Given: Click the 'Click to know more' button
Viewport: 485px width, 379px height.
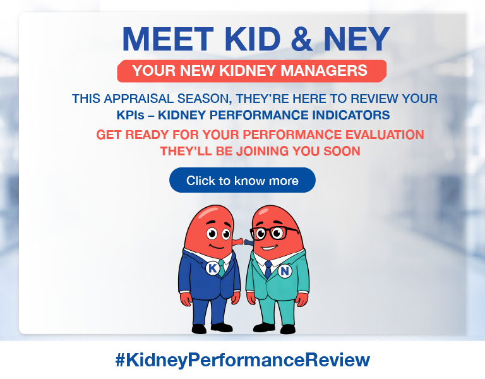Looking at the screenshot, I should coord(242,181).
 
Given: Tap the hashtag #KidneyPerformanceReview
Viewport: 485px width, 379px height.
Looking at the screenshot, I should coord(242,360).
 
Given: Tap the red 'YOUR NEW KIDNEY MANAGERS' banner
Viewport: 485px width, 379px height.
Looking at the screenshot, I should coord(251,71).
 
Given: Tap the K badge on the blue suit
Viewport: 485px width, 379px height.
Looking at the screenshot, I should coord(212,268).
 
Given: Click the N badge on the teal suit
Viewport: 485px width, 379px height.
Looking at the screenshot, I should coord(284,271).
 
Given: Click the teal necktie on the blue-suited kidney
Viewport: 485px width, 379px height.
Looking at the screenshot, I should coord(221,266).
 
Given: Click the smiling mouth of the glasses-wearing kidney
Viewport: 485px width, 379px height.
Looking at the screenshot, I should coord(268,247).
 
